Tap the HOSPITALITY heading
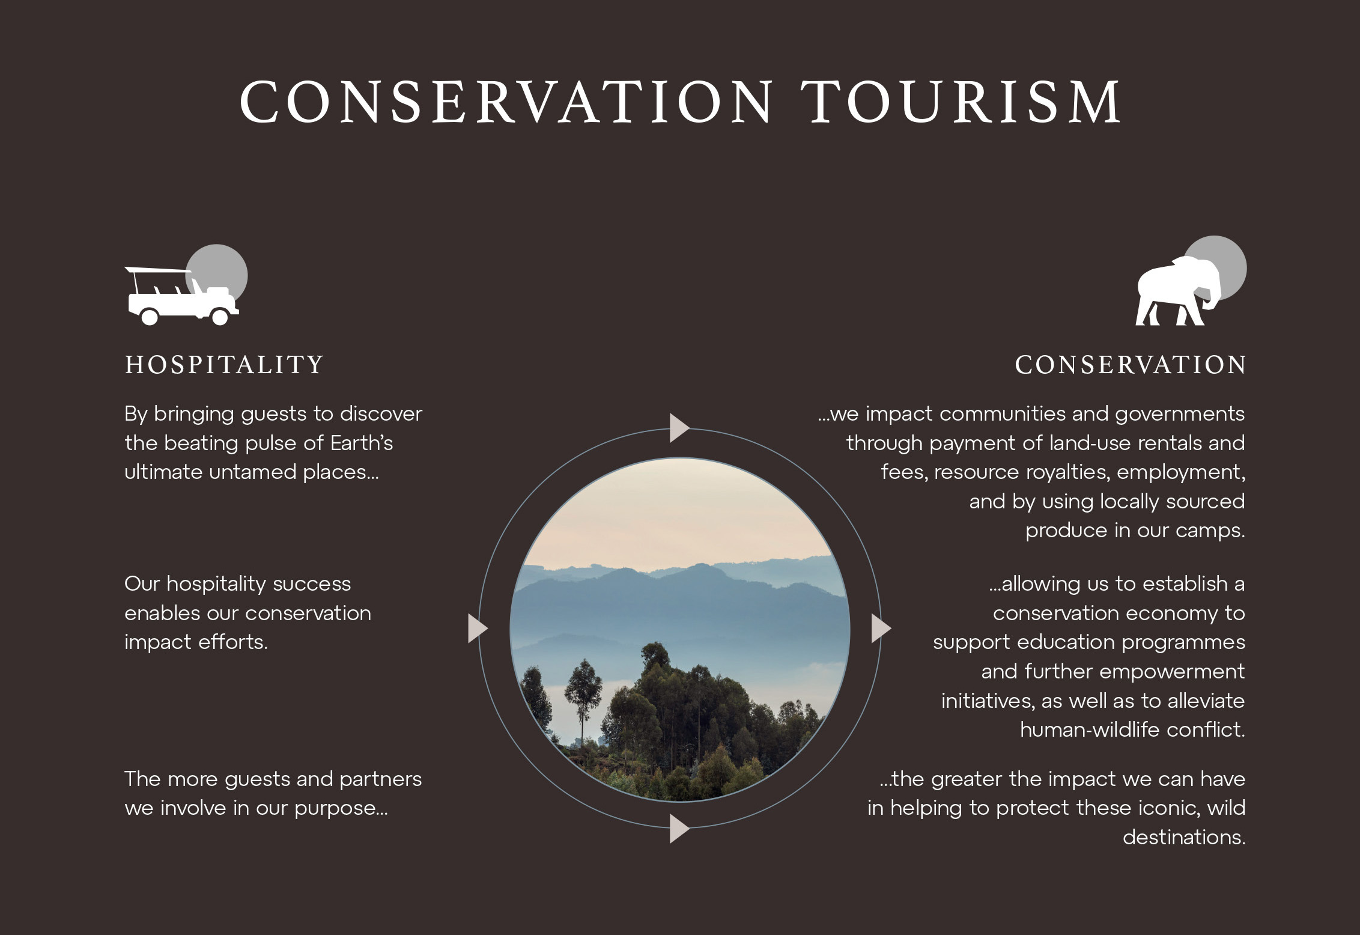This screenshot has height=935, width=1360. coord(224,365)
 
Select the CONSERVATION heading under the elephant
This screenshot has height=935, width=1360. coord(1130,365)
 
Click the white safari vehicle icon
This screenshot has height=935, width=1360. coord(182,296)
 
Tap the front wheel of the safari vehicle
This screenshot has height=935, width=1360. coord(220,317)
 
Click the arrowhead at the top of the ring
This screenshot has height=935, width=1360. coord(679,428)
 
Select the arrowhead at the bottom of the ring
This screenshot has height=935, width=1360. coord(679,829)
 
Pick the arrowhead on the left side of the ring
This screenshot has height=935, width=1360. coord(478,629)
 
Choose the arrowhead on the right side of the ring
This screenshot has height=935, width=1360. coord(881,629)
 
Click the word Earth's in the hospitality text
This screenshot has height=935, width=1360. coord(362,443)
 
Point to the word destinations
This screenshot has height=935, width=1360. coord(1184,837)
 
